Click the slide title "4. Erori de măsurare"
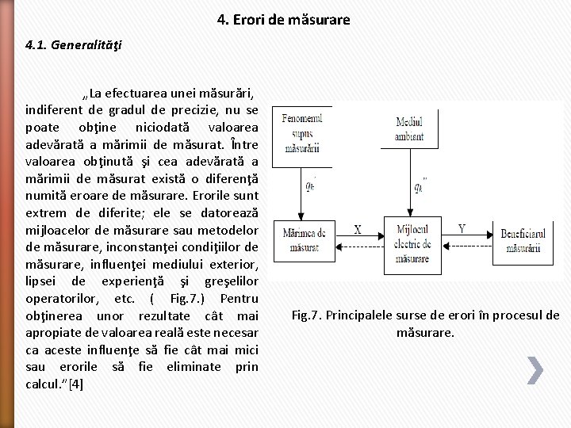click(283, 19)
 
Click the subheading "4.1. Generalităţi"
click(74, 45)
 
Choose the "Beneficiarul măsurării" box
click(524, 240)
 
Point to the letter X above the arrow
click(357, 230)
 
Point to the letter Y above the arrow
click(462, 230)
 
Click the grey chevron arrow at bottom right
click(535, 369)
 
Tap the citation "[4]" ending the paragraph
click(76, 384)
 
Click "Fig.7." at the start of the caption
click(307, 315)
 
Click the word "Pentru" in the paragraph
click(239, 299)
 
